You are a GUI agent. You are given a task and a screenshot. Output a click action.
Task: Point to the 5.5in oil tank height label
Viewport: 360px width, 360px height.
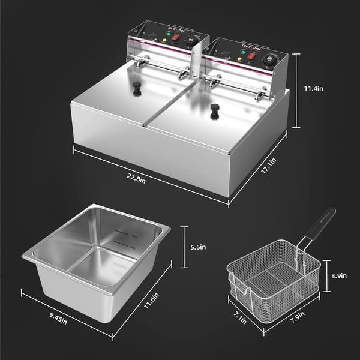pos(198,247)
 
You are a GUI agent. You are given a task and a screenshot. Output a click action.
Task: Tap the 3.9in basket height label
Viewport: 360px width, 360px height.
pos(339,275)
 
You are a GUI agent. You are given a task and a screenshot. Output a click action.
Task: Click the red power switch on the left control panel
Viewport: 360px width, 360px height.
pos(175,37)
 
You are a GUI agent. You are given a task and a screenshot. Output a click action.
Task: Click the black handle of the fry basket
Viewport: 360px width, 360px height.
pos(319,223)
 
